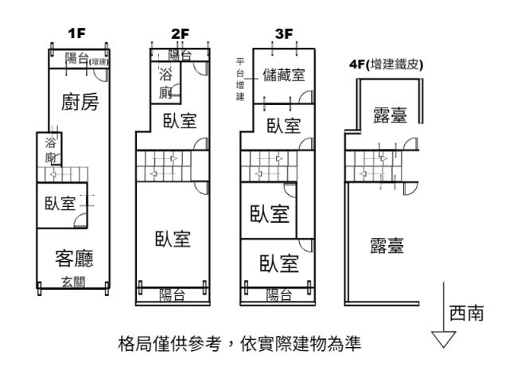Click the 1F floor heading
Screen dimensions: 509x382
76,33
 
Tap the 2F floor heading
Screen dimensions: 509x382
181,33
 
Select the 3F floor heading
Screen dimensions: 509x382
284,33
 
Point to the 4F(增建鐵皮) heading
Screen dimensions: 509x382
387,64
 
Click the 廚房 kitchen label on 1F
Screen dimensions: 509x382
80,102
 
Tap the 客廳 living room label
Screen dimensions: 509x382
74,258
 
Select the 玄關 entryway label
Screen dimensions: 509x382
74,282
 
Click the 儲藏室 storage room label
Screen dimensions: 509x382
284,75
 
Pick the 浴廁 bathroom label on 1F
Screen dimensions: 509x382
50,150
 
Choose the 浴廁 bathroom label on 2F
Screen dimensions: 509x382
165,84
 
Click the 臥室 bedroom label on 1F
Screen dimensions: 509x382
60,204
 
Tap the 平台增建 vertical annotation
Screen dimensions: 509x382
240,80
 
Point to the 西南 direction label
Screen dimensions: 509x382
467,313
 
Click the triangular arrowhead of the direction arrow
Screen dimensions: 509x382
444,339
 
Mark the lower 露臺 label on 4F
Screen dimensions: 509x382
387,246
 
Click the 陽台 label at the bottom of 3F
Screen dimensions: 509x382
279,295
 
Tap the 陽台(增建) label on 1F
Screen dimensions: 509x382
87,59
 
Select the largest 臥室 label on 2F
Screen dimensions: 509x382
173,239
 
